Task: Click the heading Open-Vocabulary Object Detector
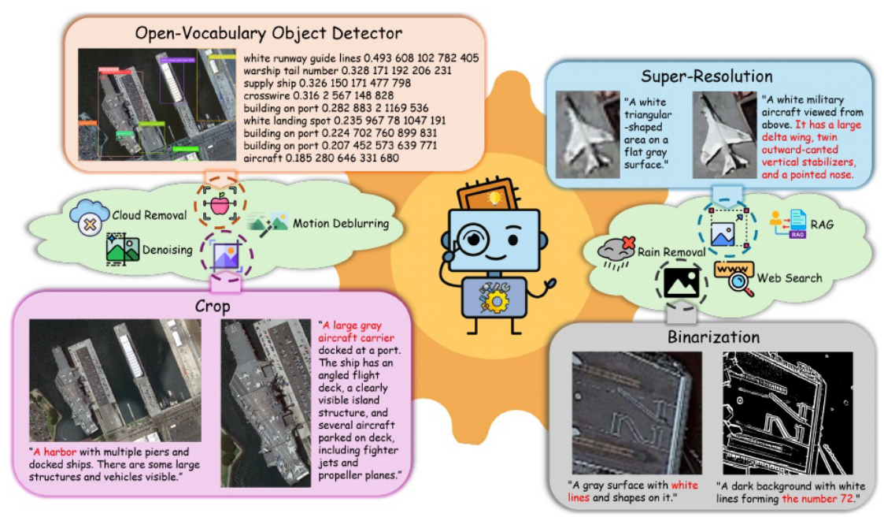(268, 33)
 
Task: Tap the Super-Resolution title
(706, 76)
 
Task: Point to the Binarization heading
(714, 337)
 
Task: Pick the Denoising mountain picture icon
(122, 249)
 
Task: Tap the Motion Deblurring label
(341, 224)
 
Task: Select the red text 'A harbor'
(56, 452)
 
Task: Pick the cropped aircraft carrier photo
(264, 402)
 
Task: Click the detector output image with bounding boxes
(157, 105)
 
